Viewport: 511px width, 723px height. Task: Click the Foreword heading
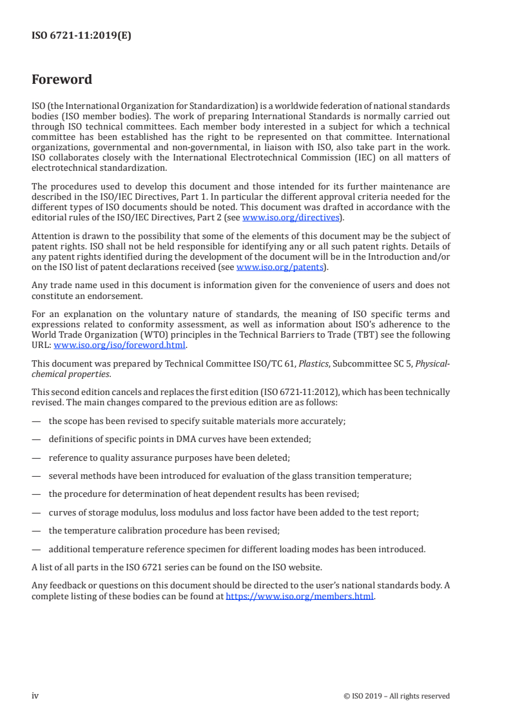(62, 80)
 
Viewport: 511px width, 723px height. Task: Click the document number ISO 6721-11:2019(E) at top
(81, 36)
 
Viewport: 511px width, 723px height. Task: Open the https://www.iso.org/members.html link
(300, 597)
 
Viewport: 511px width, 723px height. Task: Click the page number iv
(35, 695)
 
